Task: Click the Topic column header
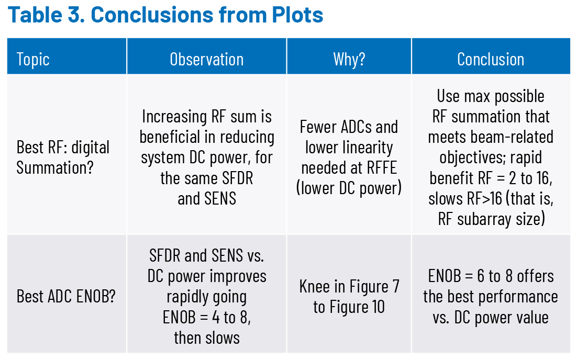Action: coord(33,59)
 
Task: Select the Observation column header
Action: coord(206,59)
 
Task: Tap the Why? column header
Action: coord(349,59)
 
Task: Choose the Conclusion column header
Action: coord(491,59)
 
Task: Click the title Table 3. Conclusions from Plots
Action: coord(165,16)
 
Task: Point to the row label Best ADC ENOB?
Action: coord(66,297)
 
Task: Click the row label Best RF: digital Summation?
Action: coord(63,157)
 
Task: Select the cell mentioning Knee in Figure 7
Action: coord(349,296)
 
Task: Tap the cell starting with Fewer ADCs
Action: coord(349,157)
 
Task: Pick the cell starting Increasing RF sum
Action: coord(206,157)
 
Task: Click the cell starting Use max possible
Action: coord(491,157)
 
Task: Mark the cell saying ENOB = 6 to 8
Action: coord(491,296)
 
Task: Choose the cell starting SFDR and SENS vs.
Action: coord(206,296)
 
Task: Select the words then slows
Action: coord(206,337)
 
